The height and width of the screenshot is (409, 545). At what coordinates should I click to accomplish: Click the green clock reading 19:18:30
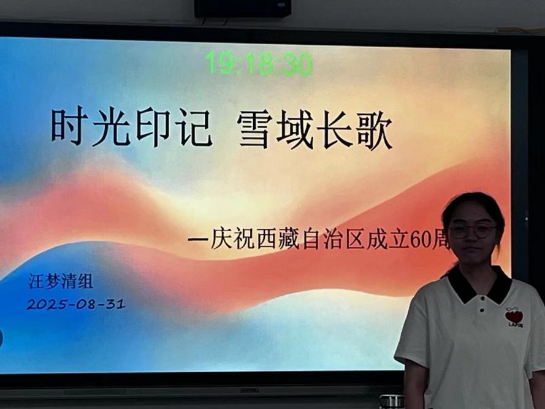tap(259, 64)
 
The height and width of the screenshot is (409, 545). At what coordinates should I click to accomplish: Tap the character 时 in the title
tap(67, 127)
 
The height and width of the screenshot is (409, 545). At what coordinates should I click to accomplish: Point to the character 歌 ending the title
tap(374, 129)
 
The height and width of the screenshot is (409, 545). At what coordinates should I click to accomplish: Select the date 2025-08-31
tap(76, 304)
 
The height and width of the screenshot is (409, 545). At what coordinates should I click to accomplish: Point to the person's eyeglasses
tap(473, 231)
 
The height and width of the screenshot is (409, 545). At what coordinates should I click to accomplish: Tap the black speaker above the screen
tap(242, 8)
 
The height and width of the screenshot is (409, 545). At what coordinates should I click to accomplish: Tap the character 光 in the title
tap(110, 128)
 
